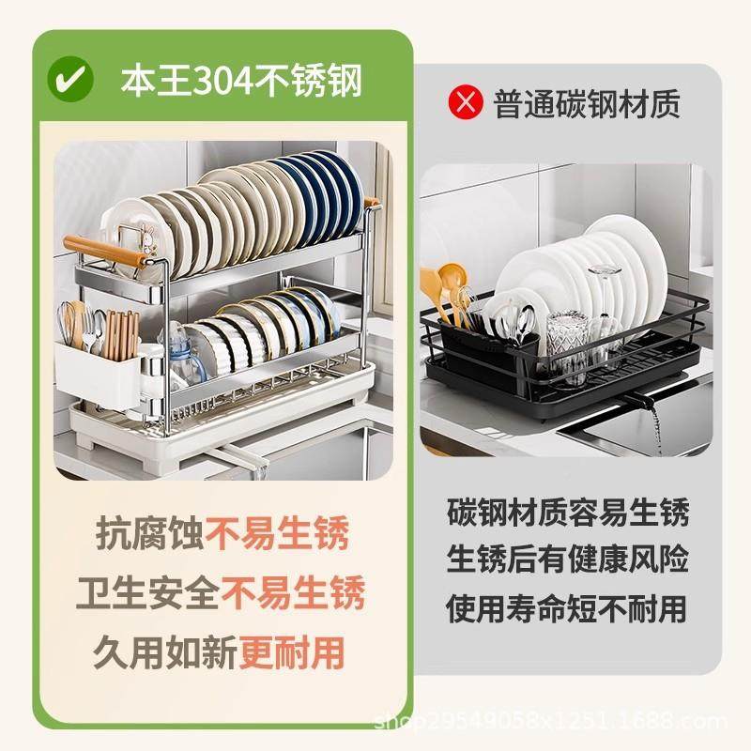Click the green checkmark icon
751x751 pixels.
[x=71, y=79]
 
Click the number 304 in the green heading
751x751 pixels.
[x=223, y=81]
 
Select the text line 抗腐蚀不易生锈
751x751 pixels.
[x=222, y=533]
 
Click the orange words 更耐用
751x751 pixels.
[x=291, y=650]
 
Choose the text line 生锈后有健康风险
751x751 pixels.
[x=568, y=559]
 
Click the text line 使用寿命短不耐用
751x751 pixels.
[x=568, y=607]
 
